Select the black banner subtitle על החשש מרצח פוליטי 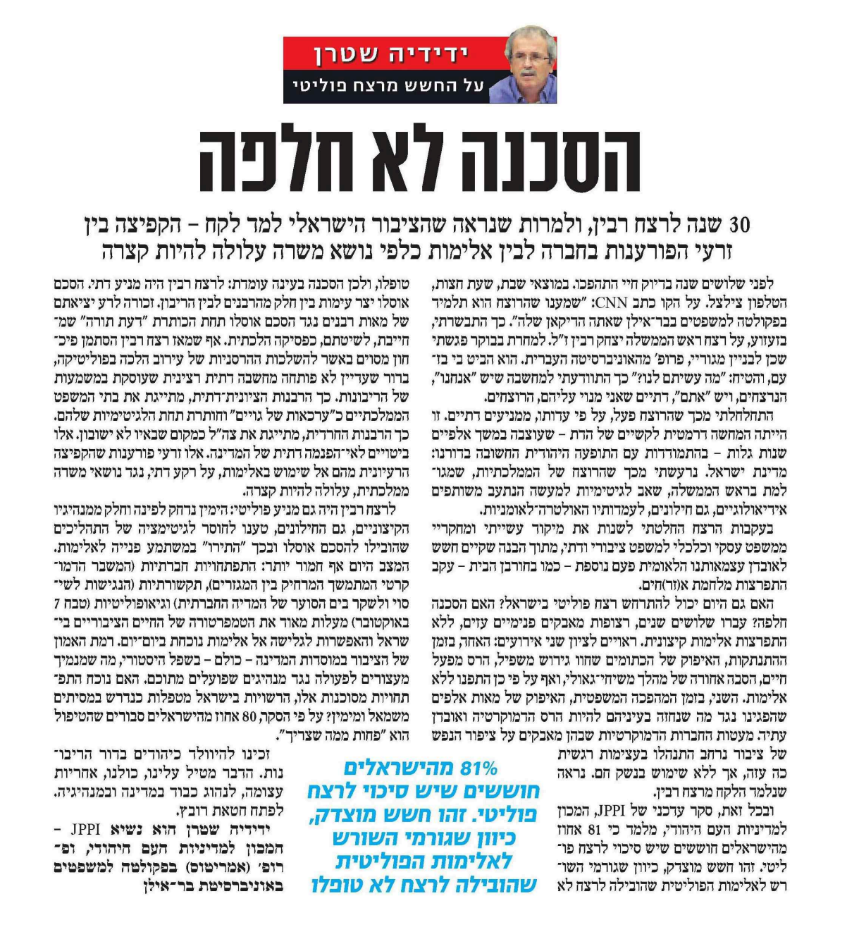coord(388,87)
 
